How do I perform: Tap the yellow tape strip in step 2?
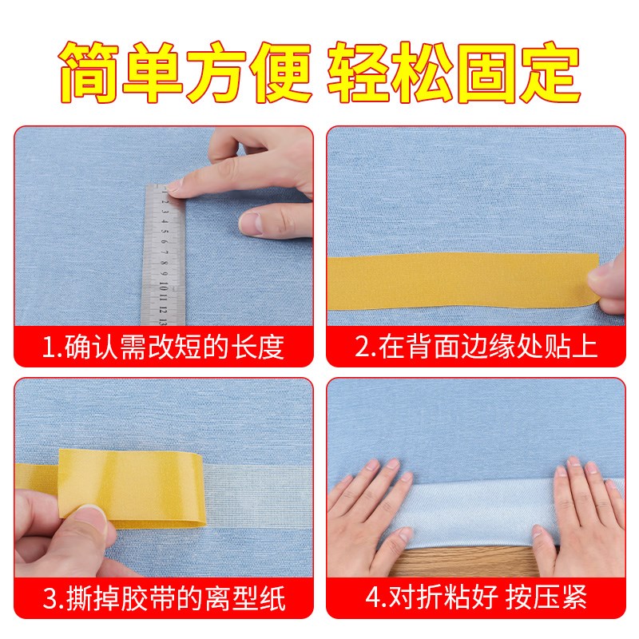[x=455, y=280]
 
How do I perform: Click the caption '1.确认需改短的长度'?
[x=163, y=347]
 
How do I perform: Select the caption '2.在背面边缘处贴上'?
[x=476, y=347]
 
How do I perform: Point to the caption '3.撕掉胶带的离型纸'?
[x=163, y=597]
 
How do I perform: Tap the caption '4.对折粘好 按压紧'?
[x=476, y=597]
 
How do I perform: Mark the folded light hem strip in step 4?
[x=479, y=511]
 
